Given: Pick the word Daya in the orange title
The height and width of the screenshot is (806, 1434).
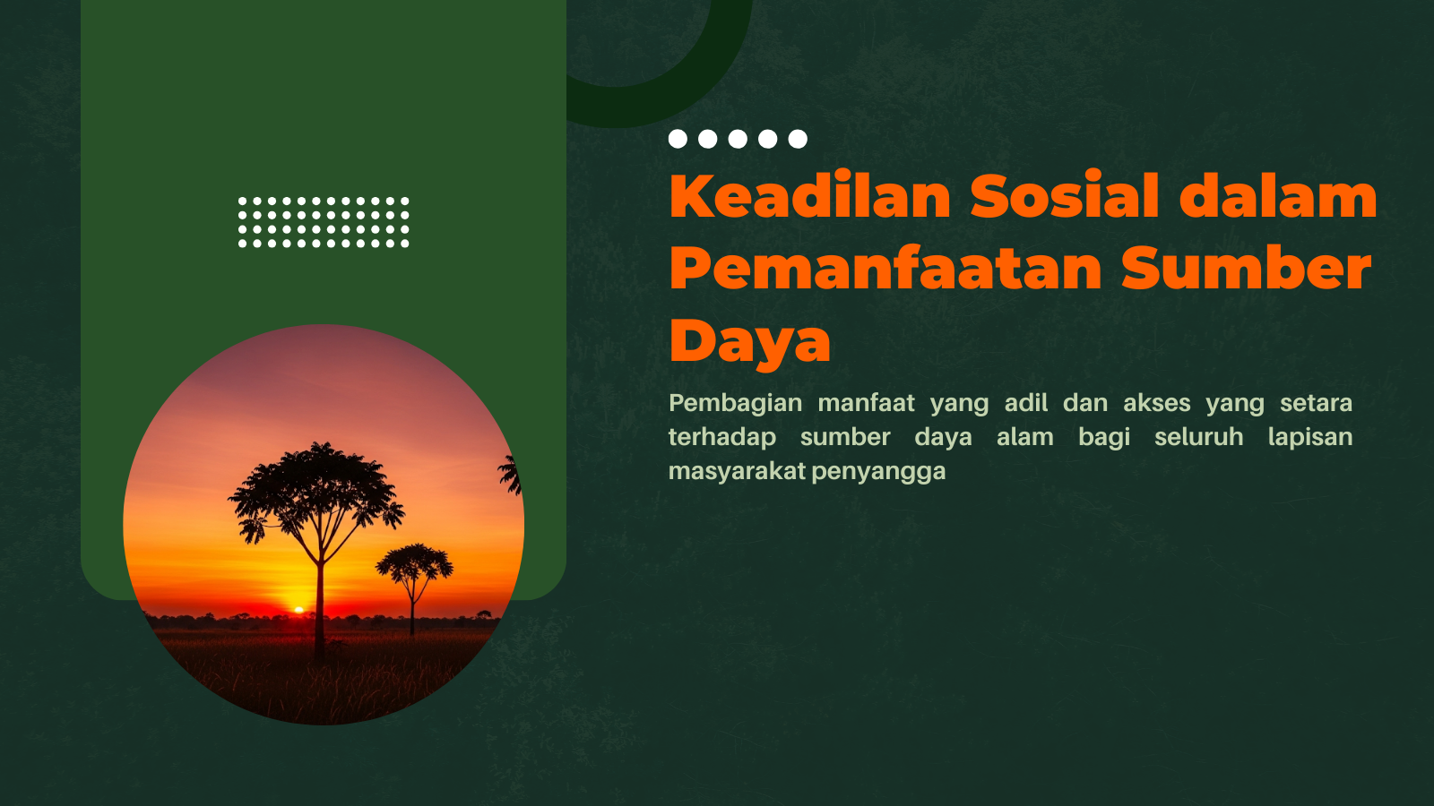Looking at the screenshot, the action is [x=749, y=342].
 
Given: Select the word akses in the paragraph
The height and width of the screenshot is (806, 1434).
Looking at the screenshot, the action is [x=1157, y=403].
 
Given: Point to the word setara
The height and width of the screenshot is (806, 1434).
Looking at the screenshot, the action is [x=1316, y=404].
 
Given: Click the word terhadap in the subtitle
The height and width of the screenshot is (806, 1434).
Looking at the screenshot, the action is [x=722, y=438].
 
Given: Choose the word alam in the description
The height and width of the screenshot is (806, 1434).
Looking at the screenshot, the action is [x=1025, y=437].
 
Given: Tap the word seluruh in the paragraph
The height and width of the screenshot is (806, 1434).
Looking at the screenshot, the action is [x=1198, y=437].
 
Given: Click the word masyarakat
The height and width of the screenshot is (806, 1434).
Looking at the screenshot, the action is [x=737, y=471].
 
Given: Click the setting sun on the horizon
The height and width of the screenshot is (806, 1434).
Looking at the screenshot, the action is [x=298, y=610].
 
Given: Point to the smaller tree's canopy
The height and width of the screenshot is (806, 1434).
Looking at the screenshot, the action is [x=414, y=563].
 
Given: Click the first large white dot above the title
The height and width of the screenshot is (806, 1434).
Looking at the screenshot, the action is [x=678, y=139].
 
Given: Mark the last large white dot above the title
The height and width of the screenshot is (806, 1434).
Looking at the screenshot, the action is [x=798, y=139].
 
